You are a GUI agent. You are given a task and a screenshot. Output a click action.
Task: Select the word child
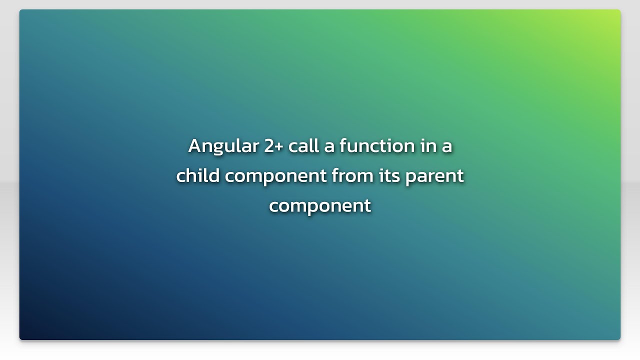pyautogui.click(x=198, y=175)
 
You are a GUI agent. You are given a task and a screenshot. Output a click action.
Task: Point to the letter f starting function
pyautogui.click(x=343, y=145)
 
